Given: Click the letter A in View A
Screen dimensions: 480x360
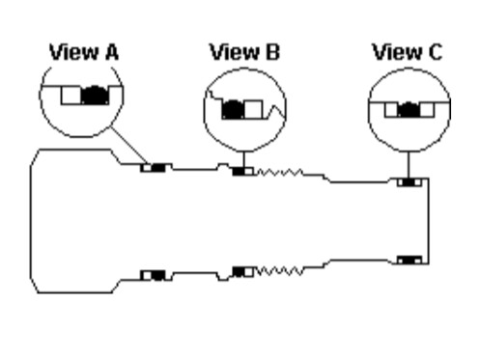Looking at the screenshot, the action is pos(112,52).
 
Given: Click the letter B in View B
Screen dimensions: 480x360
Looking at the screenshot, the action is pos(273,52).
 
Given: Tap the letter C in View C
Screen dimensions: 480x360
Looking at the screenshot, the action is pos(436,52).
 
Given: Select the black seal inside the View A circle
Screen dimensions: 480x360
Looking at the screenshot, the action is pos(95,96).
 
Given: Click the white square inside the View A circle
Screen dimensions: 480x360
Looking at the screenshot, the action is pos(71,96).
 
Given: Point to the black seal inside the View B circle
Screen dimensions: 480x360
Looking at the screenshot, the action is pos(234,109).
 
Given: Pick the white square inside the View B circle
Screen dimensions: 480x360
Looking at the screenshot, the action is pos(254,109).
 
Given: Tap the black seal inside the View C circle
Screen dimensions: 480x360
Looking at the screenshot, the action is pos(409,110).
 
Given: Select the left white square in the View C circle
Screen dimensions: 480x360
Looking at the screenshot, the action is pos(391,110).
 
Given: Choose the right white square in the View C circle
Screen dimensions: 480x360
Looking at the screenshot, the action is pos(427,110).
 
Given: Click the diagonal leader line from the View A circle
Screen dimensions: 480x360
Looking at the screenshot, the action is pos(129,145).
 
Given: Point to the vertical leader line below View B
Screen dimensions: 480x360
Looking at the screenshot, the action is pos(243,159).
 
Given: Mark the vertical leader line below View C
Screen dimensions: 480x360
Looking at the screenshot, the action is pos(409,165).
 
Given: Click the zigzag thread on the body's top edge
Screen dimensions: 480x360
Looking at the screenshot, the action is pos(279,173).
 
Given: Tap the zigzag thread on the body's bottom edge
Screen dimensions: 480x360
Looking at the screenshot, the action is pos(279,271).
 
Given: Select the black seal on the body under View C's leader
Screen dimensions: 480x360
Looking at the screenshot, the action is pos(409,182).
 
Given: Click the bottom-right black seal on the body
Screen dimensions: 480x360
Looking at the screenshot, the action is pos(409,260).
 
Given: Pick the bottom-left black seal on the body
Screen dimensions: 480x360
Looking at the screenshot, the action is pos(157,275).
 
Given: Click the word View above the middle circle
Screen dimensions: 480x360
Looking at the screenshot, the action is pos(235,52).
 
